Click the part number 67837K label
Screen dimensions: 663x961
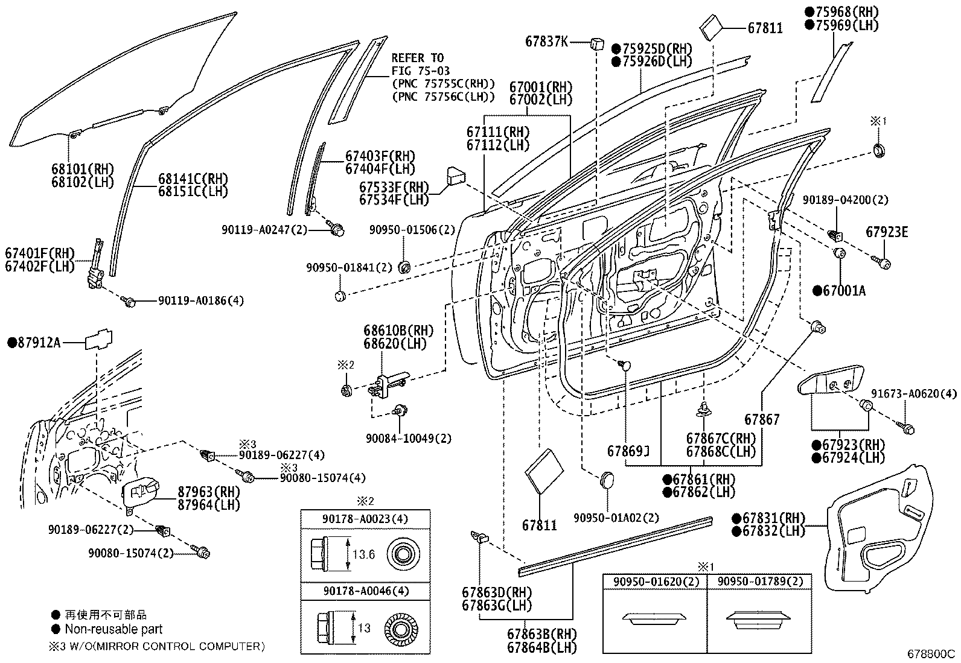tap(546, 42)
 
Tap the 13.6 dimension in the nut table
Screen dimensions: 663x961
tap(363, 554)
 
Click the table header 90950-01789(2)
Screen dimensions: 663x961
tap(760, 582)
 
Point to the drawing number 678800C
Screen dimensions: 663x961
tap(932, 654)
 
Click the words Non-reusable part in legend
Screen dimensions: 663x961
tap(113, 629)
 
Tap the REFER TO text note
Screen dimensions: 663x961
tap(418, 58)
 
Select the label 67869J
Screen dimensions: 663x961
tap(628, 451)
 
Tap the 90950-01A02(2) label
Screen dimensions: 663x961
tap(616, 517)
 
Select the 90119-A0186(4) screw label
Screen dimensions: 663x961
tap(201, 300)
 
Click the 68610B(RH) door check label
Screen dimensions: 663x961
tap(398, 331)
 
